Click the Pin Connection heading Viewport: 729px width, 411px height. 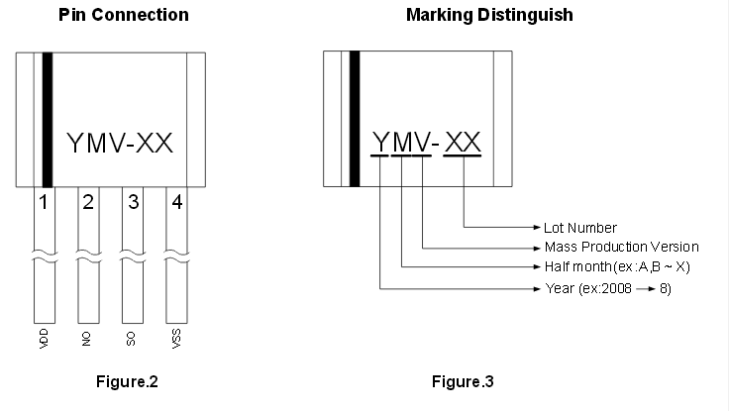(124, 15)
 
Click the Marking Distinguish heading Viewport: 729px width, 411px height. (489, 15)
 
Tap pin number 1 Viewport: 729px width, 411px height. (44, 202)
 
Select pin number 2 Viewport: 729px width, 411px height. (88, 202)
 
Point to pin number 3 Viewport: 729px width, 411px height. (133, 202)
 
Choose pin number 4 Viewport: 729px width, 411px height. (177, 202)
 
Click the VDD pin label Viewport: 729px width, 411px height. (44, 339)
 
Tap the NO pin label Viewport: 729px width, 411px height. (86, 340)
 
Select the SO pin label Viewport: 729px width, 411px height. (131, 340)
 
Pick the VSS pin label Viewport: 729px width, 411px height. (176, 339)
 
